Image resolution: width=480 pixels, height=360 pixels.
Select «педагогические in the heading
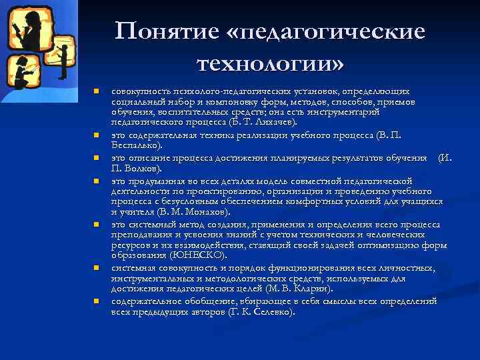click(x=328, y=31)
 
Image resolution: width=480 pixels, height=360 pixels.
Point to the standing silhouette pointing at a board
click(x=63, y=61)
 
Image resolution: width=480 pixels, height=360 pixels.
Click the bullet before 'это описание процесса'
click(x=96, y=158)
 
